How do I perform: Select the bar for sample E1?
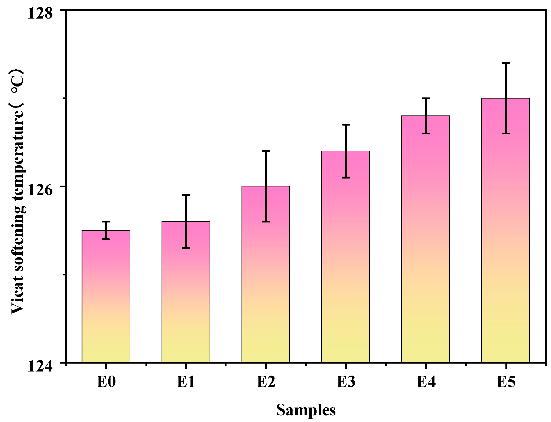click(186, 292)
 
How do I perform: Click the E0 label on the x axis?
click(106, 381)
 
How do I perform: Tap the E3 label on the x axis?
click(346, 381)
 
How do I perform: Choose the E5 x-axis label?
click(506, 381)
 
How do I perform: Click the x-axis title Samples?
click(306, 410)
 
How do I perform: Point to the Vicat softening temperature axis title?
click(18, 191)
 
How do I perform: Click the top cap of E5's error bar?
click(506, 63)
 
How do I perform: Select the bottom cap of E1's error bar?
click(186, 248)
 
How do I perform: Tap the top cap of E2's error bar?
click(266, 151)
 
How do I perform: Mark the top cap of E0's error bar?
click(106, 221)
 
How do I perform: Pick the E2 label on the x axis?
click(266, 381)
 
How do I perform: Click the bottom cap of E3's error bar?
click(346, 177)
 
